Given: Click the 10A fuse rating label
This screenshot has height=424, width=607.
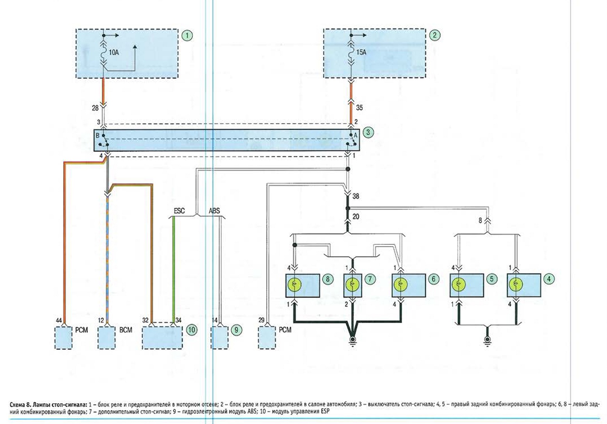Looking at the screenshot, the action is (x=114, y=52).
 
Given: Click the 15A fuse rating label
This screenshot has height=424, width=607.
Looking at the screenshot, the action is (x=361, y=52).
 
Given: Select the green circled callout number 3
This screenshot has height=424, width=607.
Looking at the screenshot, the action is (x=368, y=132).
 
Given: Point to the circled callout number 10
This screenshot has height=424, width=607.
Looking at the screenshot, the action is (x=192, y=329).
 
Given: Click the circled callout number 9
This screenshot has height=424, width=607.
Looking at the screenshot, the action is (x=236, y=329).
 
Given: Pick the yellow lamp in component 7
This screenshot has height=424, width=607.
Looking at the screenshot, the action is (x=352, y=284).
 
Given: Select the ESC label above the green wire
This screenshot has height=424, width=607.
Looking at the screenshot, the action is (x=179, y=211).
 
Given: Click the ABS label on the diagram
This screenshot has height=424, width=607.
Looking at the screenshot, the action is (x=214, y=211).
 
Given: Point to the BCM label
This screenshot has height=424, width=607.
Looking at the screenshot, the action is (x=126, y=330).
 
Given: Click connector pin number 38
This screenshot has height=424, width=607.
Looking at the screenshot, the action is (x=356, y=196).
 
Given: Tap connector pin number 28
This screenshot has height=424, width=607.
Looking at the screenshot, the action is (x=95, y=108).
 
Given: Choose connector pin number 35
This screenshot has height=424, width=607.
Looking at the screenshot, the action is (x=360, y=108).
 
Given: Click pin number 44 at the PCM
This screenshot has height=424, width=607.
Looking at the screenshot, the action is (x=59, y=320).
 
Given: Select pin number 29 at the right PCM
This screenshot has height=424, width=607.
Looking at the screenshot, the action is (x=261, y=320).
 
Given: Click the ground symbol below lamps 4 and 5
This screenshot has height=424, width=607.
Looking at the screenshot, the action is (x=487, y=341).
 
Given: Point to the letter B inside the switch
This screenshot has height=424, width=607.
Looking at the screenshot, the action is (x=98, y=135).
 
